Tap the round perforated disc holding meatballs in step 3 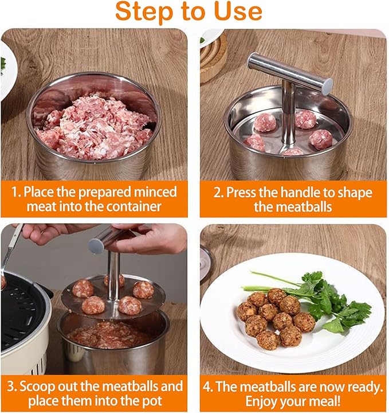[115, 298]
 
